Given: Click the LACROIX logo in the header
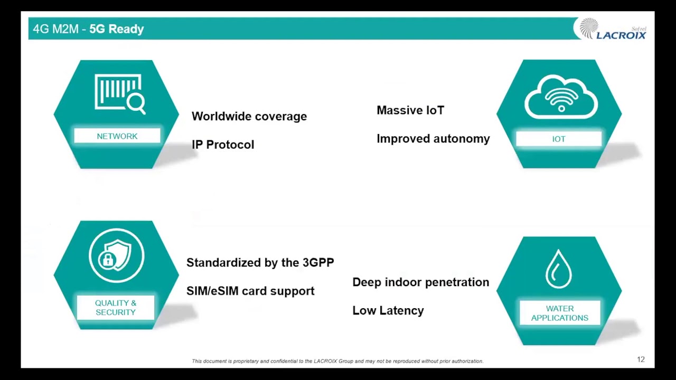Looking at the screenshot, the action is click(612, 29).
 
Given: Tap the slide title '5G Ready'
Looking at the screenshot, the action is click(117, 29).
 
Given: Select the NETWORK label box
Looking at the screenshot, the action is click(117, 136).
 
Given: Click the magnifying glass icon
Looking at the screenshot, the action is click(136, 104).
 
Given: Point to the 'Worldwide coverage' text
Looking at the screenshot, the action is click(249, 117).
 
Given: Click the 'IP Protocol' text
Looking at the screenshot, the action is click(223, 145).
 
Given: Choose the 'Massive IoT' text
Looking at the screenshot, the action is click(410, 110).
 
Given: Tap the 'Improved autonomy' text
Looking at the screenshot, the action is click(433, 139).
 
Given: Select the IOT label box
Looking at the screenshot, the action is click(559, 139).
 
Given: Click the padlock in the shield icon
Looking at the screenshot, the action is click(107, 259).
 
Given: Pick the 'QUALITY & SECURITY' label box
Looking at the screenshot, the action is click(116, 308).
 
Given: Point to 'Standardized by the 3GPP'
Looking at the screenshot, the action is click(260, 263).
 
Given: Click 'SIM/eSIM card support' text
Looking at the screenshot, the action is click(250, 291).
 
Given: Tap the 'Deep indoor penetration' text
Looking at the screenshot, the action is click(421, 282).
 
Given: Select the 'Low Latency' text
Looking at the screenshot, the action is click(388, 311).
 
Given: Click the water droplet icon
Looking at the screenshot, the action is click(559, 269).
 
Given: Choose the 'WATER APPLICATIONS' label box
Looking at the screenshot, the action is click(560, 313).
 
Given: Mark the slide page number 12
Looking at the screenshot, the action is click(641, 359).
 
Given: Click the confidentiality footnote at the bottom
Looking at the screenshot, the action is click(337, 361).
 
